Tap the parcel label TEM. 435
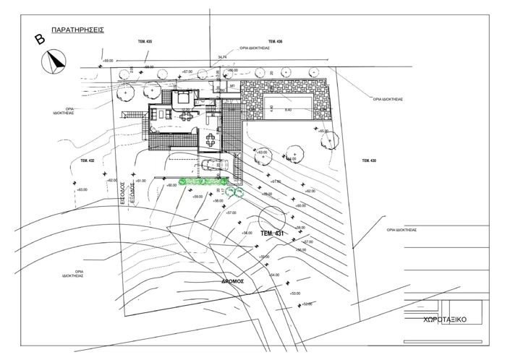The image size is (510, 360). (144, 43)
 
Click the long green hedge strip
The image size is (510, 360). (203, 179)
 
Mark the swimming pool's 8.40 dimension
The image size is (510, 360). (287, 109)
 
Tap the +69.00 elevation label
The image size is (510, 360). (109, 61)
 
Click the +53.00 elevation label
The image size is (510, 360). (294, 293)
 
